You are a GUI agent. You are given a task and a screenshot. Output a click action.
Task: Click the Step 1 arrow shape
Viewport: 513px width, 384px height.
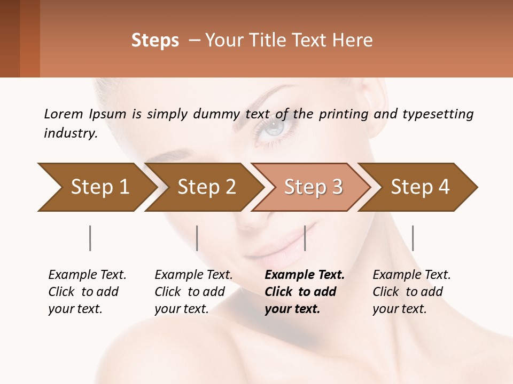click(96, 187)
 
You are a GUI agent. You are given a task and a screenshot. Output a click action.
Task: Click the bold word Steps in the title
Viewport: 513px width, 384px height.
click(155, 41)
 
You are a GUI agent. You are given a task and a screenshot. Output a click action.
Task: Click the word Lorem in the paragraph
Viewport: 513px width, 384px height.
click(64, 114)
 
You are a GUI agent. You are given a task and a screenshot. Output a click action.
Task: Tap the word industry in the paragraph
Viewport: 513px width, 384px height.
click(71, 133)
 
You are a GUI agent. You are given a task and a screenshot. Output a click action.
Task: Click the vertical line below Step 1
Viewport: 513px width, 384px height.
click(90, 238)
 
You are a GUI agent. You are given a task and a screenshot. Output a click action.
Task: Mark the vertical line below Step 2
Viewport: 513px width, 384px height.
click(197, 238)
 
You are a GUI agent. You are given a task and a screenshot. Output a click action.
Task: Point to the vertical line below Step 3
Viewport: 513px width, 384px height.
click(305, 238)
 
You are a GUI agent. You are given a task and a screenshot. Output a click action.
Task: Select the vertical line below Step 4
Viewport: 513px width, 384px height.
click(413, 238)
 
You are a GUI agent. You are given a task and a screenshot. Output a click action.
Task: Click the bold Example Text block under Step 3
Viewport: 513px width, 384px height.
click(305, 292)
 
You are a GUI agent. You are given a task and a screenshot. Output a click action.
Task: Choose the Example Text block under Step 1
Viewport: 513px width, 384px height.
click(87, 292)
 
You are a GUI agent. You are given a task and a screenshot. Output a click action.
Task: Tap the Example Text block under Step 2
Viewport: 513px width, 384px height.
click(193, 292)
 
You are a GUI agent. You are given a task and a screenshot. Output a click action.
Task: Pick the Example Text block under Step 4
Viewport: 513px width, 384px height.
click(411, 292)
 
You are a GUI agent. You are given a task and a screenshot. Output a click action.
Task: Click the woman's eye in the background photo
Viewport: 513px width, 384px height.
click(274, 128)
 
